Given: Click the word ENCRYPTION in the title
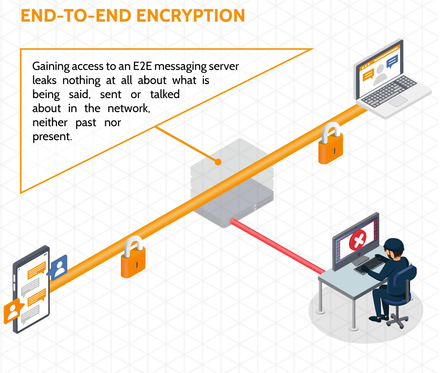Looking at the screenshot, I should pos(191,16).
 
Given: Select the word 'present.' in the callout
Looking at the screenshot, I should pos(52,136).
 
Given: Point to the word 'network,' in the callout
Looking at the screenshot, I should pos(129,108).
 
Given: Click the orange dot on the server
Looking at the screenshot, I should pos(218,162).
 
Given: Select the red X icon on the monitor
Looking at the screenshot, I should pos(358,240).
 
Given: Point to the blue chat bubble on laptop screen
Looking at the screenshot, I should pos(392,61).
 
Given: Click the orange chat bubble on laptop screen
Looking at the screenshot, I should pos(368,75).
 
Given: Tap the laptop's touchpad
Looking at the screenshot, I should pos(398,101).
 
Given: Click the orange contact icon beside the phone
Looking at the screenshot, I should pos(13,310).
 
